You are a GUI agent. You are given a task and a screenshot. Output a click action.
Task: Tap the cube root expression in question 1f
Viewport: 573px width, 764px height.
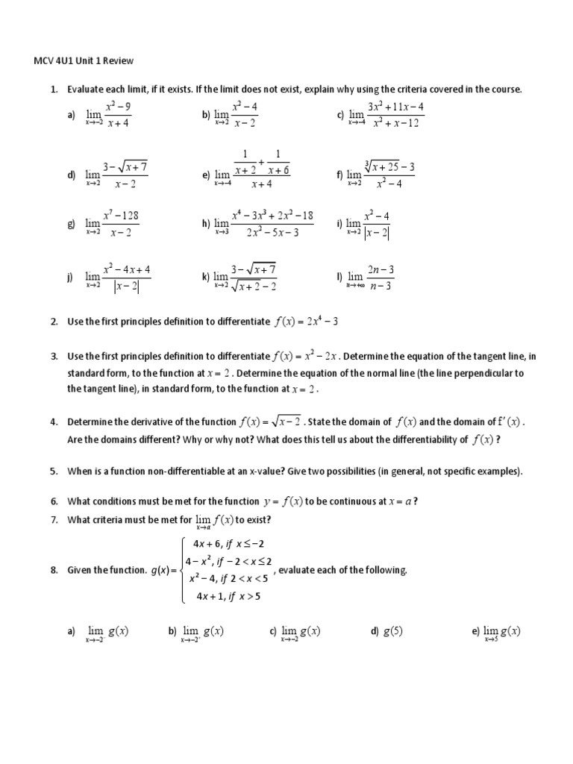point(389,166)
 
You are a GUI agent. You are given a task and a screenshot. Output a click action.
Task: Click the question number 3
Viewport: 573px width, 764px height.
point(54,357)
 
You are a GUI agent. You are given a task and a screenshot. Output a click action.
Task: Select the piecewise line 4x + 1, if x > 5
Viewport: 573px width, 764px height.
point(228,595)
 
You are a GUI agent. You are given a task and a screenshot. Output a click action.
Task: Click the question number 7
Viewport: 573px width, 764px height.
point(54,519)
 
